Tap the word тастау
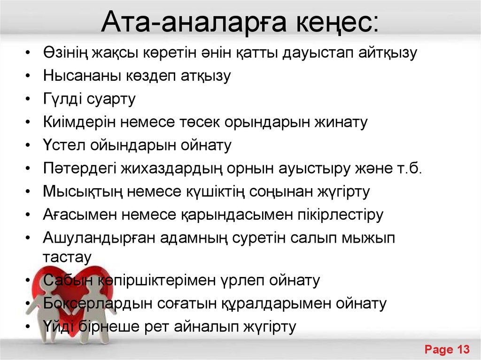click(x=67, y=257)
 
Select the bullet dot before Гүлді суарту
click(x=29, y=100)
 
